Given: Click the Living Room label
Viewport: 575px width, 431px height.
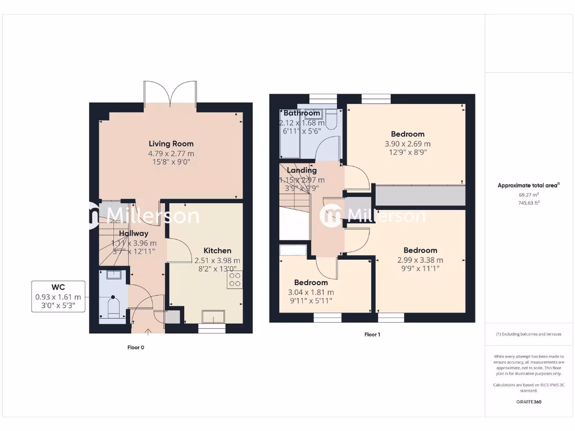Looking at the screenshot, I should (x=171, y=144).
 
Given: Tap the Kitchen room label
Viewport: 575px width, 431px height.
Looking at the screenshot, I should (x=217, y=250).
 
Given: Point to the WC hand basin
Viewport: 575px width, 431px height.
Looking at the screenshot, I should (x=114, y=274).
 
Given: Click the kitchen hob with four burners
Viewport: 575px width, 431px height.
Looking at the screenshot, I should (x=235, y=279).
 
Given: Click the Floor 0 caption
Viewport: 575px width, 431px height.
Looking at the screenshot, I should (x=136, y=347).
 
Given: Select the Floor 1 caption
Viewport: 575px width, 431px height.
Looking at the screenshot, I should (x=372, y=334).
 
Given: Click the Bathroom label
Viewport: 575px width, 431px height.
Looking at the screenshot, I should (x=302, y=113).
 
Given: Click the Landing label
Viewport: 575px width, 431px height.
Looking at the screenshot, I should (x=302, y=170).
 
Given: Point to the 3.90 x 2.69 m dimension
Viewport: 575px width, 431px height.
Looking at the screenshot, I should (x=408, y=144).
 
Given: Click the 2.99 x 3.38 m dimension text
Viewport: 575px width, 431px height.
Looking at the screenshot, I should (x=420, y=260).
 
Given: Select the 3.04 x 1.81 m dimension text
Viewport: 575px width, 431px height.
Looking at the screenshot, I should (x=311, y=292).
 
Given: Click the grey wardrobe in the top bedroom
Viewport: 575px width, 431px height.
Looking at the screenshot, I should (x=421, y=196).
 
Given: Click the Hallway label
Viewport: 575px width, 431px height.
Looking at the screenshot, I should (x=134, y=233).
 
